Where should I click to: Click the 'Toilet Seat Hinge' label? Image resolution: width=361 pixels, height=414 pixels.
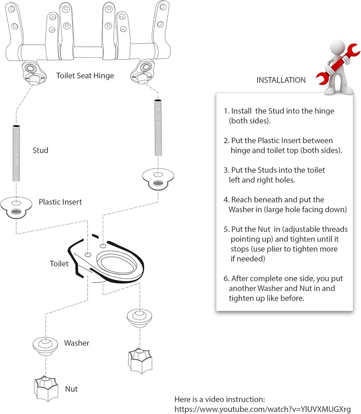pyautogui.click(x=85, y=75)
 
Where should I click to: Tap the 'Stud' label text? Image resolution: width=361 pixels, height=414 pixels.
pyautogui.click(x=40, y=150)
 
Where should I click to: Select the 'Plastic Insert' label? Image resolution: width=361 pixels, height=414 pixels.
pyautogui.click(x=60, y=202)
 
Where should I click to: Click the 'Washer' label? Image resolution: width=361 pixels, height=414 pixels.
pyautogui.click(x=76, y=343)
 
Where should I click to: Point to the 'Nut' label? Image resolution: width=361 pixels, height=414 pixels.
pyautogui.click(x=71, y=389)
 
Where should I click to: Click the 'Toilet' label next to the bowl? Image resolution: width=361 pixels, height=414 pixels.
pyautogui.click(x=59, y=264)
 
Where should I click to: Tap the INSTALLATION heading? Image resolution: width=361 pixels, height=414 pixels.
pyautogui.click(x=281, y=80)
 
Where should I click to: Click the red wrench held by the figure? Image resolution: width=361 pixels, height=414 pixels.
pyautogui.click(x=338, y=61)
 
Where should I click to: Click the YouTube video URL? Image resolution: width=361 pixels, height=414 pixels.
pyautogui.click(x=262, y=408)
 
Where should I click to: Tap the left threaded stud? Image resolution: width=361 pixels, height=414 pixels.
pyautogui.click(x=16, y=154)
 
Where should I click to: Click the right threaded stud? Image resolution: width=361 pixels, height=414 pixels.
pyautogui.click(x=158, y=128)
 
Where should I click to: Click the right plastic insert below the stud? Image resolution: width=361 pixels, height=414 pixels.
pyautogui.click(x=158, y=178)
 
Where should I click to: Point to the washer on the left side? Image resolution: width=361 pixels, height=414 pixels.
pyautogui.click(x=44, y=345)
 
